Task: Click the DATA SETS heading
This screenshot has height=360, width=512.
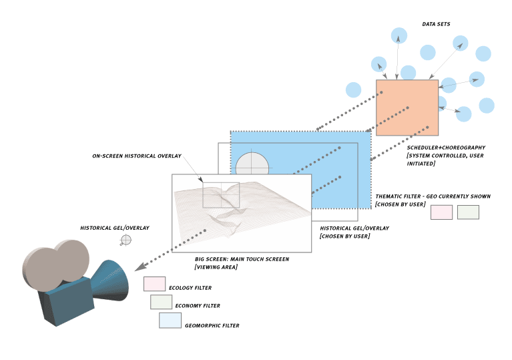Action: pos(436,24)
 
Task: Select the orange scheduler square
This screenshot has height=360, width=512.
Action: pos(407,108)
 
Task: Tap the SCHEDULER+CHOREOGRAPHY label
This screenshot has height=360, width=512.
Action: pos(445,147)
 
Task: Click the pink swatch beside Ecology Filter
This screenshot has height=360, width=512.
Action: pos(154,284)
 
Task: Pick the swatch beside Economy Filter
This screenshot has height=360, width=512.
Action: pos(161,302)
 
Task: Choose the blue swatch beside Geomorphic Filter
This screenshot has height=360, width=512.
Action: pos(170,321)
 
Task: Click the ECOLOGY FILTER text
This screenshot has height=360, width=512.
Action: pos(190,288)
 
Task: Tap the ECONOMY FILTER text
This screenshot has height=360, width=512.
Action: pos(197,306)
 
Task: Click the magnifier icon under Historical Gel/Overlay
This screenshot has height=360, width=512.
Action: pos(125,240)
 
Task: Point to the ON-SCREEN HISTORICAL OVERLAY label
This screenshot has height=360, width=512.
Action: pos(137,156)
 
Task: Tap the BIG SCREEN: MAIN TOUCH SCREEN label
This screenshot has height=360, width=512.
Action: pos(242,258)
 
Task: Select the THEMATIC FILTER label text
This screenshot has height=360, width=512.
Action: pos(433,196)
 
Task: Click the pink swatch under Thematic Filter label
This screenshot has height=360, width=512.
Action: pos(441,212)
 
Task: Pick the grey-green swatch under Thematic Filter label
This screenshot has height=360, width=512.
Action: pos(468,212)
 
